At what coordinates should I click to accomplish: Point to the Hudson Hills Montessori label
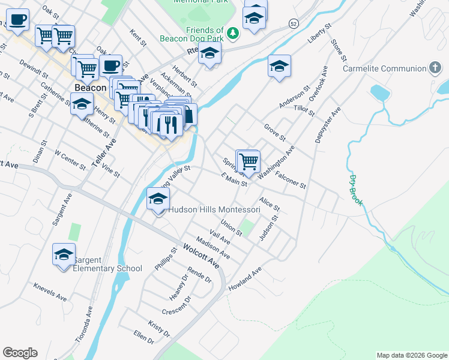point(214,210)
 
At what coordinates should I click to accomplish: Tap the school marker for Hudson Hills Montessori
point(158,199)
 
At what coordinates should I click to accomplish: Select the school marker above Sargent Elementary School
point(64,255)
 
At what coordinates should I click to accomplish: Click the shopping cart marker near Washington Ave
point(248,161)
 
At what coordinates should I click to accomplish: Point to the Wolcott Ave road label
point(201,254)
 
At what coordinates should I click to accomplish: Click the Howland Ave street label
point(245,280)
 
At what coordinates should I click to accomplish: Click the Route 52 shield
point(293,23)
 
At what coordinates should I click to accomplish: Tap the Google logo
point(20,353)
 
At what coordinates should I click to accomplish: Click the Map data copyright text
point(411,355)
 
